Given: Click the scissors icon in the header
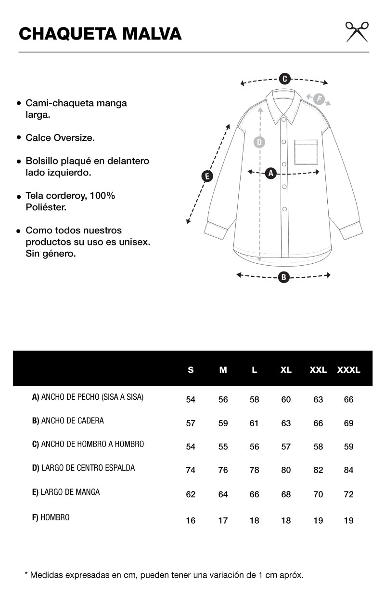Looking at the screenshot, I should [357, 32].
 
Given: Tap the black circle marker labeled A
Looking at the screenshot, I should [270, 173].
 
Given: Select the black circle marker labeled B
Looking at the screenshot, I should [284, 277].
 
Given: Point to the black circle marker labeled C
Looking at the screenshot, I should [284, 79].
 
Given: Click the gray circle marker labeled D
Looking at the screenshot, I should [259, 142].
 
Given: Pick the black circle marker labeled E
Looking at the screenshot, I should [207, 176].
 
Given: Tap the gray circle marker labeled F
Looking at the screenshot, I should [318, 99].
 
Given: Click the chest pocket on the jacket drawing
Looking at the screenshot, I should [306, 152].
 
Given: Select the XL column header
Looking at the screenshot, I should [286, 370].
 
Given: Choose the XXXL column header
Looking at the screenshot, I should [349, 370].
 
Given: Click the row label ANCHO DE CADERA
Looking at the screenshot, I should [68, 421].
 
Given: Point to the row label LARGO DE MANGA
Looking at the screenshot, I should [66, 492].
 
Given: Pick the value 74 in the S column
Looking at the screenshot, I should [191, 470].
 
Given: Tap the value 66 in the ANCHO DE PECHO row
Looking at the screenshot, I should [349, 400].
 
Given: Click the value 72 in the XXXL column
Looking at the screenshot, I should [349, 494].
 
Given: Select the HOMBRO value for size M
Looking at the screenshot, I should [223, 520].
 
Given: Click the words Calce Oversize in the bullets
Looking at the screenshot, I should [60, 138].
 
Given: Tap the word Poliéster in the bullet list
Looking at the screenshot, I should [46, 207].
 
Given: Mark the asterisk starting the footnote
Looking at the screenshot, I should [26, 574].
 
